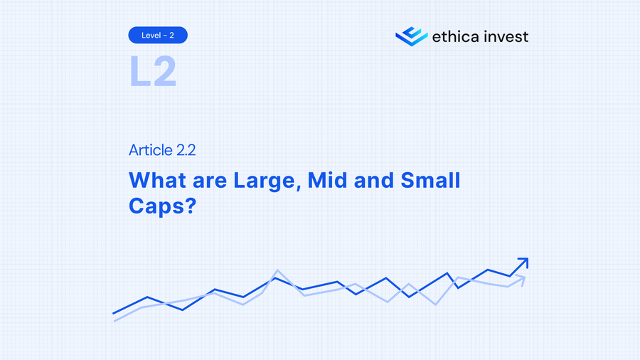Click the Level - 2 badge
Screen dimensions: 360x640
158,34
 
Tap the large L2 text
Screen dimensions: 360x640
152,71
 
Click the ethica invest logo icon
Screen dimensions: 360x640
411,36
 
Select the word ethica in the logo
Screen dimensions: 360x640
457,36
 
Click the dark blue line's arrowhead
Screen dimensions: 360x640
523,263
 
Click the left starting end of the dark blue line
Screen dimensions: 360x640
114,313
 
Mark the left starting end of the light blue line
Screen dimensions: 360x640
115,320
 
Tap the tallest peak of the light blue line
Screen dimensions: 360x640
277,270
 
